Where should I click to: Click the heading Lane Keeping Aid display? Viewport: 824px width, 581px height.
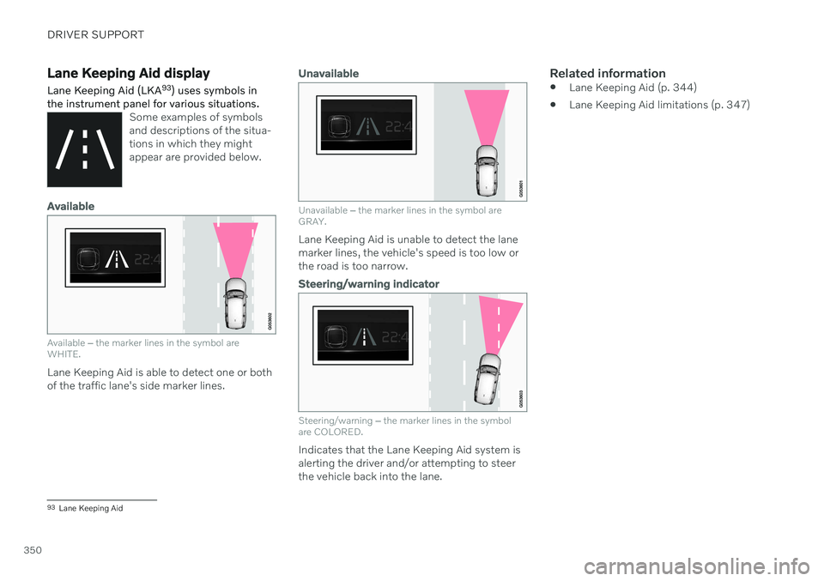tap(128, 74)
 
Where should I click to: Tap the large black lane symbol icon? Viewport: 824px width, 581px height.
tap(85, 149)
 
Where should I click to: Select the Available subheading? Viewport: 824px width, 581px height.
tap(71, 207)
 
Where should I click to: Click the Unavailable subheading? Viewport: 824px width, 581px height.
tap(329, 74)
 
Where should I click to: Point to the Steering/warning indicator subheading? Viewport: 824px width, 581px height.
tap(368, 284)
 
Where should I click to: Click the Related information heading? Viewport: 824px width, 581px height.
tap(608, 74)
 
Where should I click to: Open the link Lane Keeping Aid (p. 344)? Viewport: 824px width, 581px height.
tap(633, 88)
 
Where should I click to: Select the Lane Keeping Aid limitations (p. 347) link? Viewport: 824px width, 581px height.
tap(659, 105)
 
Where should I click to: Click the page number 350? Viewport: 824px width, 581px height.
tap(33, 550)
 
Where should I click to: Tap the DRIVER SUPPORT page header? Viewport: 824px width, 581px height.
tap(95, 34)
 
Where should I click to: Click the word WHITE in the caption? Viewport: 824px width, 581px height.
tap(64, 354)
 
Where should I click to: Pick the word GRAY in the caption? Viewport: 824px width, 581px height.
tap(312, 221)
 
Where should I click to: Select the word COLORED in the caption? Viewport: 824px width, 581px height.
tap(338, 433)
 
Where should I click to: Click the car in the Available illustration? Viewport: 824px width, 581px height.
tap(235, 303)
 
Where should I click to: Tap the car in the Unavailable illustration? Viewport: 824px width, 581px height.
tap(487, 171)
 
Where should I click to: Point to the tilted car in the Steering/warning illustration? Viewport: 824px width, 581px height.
tap(488, 379)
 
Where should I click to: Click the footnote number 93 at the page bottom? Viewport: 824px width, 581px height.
tap(51, 507)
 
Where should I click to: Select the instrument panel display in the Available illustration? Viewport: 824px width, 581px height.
tap(115, 258)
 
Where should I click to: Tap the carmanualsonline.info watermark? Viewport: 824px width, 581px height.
tap(697, 566)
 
